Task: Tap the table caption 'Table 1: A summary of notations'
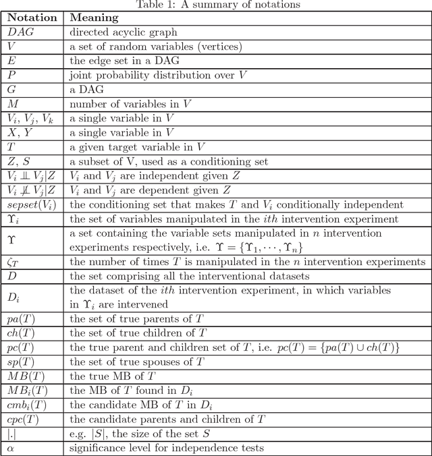(x=216, y=5)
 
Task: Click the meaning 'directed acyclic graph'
(x=124, y=32)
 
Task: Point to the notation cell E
(x=11, y=61)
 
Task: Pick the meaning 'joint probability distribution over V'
(x=158, y=76)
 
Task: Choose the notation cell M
(x=12, y=105)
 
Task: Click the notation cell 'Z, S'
(x=18, y=162)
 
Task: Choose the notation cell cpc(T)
(x=23, y=420)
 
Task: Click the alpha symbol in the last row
(x=10, y=448)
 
